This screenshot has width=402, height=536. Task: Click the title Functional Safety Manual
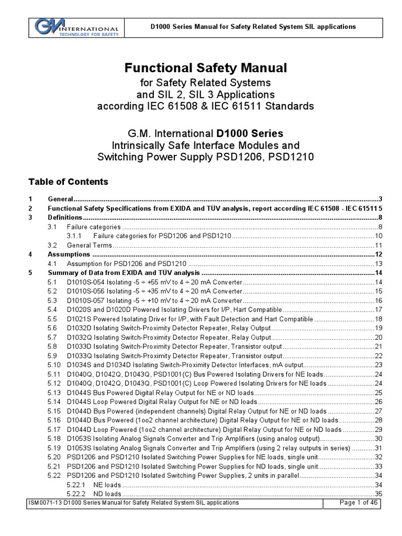pos(198,68)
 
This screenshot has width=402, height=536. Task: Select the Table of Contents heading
pos(68,182)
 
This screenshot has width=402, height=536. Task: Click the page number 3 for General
pos(381,199)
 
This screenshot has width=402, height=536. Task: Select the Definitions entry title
pos(65,217)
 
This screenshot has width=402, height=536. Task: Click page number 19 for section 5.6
pos(379,328)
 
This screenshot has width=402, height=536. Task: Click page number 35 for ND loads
pos(379,494)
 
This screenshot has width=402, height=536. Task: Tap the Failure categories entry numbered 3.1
pos(94,227)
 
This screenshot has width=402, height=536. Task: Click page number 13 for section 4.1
pos(379,263)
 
